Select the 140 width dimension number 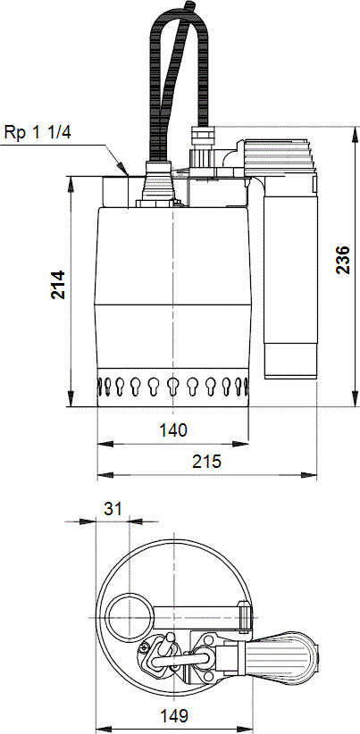pos(173,430)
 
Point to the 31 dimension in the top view pos(113,508)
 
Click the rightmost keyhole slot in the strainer pos(243,388)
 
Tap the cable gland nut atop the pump pos(202,141)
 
